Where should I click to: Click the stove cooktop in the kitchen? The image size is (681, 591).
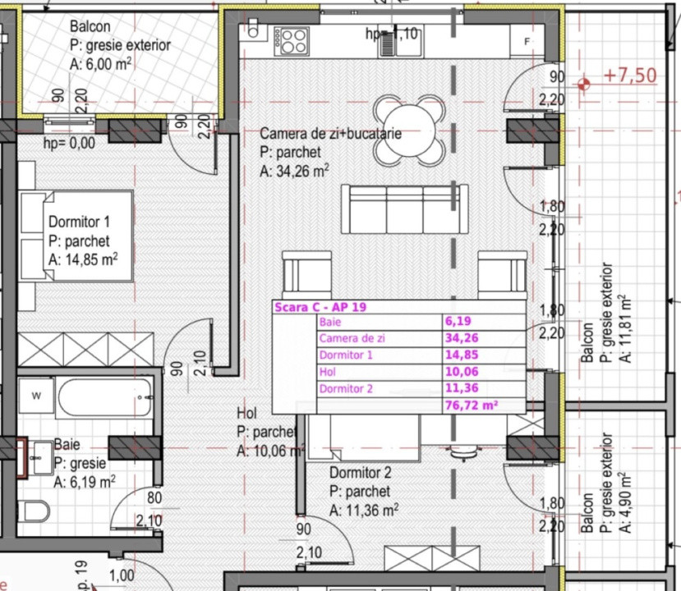coord(293,39)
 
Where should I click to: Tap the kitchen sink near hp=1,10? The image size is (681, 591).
coord(388,41)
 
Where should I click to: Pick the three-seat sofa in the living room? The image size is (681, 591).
coord(398,208)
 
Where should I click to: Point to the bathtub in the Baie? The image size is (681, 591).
coord(105,398)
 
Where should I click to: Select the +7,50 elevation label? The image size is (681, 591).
coord(630,76)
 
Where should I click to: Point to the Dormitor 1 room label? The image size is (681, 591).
coord(79,222)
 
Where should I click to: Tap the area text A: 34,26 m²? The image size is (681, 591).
coord(294,171)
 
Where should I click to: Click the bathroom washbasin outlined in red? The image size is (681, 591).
coord(38,456)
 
